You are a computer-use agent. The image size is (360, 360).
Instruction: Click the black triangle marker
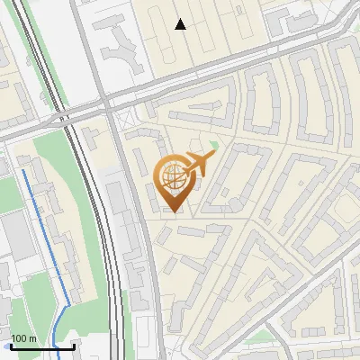(x=181, y=24)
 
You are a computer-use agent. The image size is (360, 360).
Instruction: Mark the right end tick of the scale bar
(x=75, y=345)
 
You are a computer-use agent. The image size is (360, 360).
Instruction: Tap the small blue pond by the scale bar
(x=7, y=345)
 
